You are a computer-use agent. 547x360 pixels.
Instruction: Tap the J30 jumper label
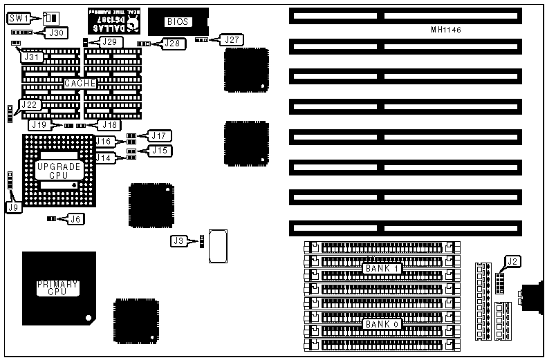coord(56,32)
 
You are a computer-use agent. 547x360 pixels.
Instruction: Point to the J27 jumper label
coord(231,39)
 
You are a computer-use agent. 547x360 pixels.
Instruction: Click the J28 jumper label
coord(173,44)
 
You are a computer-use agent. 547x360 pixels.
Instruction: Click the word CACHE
coord(80,83)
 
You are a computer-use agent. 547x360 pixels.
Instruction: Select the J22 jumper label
coord(29,104)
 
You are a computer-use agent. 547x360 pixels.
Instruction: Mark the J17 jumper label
coord(160,135)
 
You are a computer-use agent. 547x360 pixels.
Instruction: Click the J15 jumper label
coord(160,150)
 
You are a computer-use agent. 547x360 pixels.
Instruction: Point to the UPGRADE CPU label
coord(59,171)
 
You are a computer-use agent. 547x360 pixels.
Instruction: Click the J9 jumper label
coord(12,207)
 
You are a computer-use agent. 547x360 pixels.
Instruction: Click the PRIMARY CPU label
coord(57,288)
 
